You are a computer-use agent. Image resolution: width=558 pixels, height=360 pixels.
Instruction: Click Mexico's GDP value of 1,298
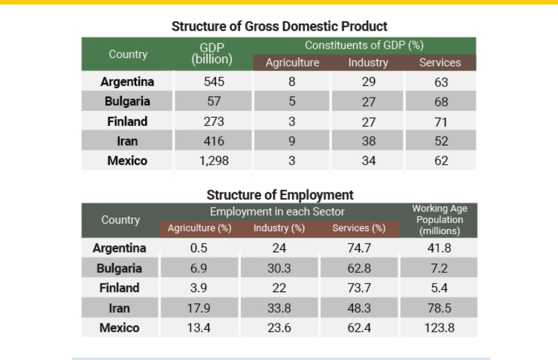pyautogui.click(x=214, y=161)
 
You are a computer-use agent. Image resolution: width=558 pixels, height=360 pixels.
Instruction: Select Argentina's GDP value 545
pyautogui.click(x=214, y=82)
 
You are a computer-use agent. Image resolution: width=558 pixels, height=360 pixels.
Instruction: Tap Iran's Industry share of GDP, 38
pyautogui.click(x=369, y=141)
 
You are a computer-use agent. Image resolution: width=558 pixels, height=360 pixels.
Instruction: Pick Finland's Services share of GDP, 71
pyautogui.click(x=441, y=122)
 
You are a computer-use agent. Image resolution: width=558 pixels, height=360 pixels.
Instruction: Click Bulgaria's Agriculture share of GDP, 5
pyautogui.click(x=292, y=101)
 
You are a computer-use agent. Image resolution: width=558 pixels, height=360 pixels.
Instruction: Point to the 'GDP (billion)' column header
pyautogui.click(x=212, y=53)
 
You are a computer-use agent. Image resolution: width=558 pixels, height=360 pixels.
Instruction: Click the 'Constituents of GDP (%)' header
pyautogui.click(x=364, y=45)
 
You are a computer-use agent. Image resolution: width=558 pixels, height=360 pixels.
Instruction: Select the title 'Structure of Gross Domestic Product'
pyautogui.click(x=279, y=26)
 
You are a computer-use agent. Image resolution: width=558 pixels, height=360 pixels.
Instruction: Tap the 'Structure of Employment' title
pyautogui.click(x=280, y=195)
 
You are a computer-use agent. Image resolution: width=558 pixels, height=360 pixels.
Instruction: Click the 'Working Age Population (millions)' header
pyautogui.click(x=439, y=220)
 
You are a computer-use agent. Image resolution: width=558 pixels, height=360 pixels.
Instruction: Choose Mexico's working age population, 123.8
pyautogui.click(x=439, y=328)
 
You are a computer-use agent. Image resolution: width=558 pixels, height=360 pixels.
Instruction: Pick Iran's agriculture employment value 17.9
pyautogui.click(x=198, y=308)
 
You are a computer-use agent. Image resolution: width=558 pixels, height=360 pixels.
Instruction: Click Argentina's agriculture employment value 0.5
pyautogui.click(x=198, y=248)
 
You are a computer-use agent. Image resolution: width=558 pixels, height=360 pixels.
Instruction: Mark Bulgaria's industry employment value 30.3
pyautogui.click(x=279, y=268)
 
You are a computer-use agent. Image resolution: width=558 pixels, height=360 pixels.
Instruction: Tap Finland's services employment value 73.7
pyautogui.click(x=359, y=288)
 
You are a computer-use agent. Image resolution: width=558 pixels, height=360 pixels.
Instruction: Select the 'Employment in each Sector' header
pyautogui.click(x=277, y=212)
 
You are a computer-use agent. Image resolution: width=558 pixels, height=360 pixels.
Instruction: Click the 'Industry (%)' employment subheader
pyautogui.click(x=279, y=228)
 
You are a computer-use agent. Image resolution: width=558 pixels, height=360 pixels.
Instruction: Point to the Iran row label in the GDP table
pyautogui.click(x=127, y=141)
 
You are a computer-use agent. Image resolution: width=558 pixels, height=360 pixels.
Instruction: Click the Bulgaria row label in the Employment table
pyautogui.click(x=119, y=268)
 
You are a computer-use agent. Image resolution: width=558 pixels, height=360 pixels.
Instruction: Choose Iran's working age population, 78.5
pyautogui.click(x=439, y=308)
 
